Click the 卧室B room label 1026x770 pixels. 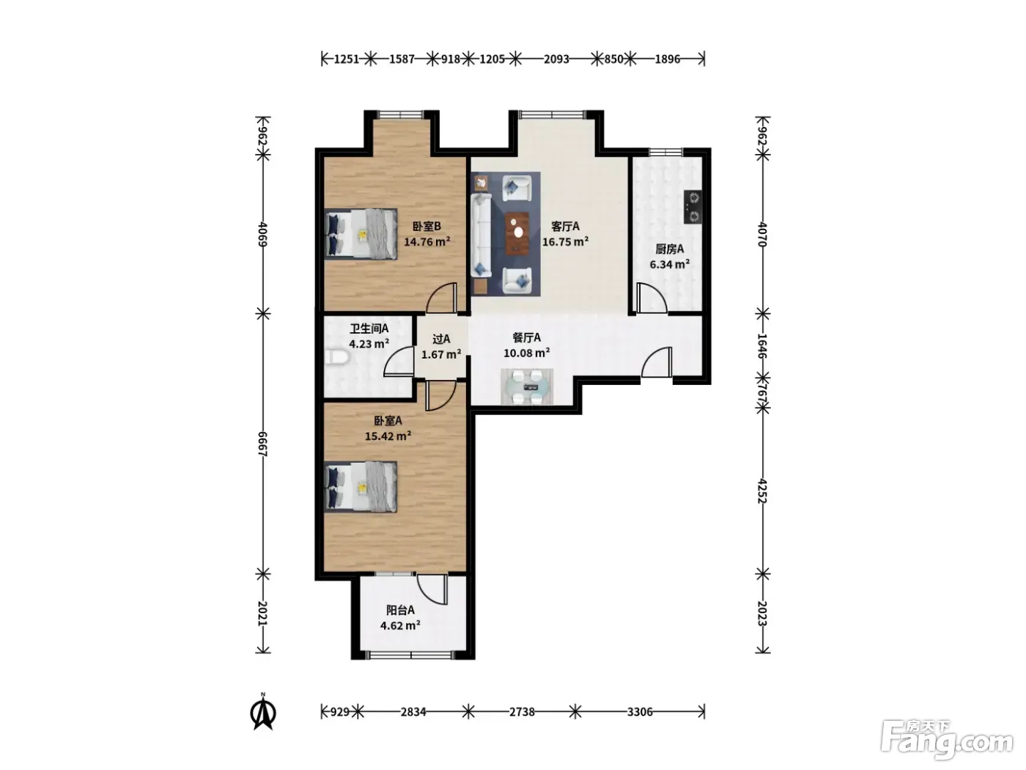click(427, 227)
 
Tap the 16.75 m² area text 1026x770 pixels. click(565, 242)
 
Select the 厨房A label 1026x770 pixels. click(669, 249)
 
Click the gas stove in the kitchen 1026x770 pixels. click(693, 206)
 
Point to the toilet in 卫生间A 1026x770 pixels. click(337, 356)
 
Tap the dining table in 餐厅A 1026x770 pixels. click(527, 386)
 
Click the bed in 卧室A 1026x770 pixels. click(361, 487)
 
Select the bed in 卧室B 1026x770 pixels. click(361, 234)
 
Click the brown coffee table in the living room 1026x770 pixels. click(517, 232)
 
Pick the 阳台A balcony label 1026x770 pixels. click(400, 610)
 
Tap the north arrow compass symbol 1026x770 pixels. click(263, 711)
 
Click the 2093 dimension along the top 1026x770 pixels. click(556, 59)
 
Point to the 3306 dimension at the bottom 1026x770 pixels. click(640, 712)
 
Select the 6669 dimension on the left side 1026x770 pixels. click(262, 444)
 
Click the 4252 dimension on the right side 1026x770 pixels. click(762, 491)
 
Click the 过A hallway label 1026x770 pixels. click(440, 339)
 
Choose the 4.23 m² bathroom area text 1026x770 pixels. click(369, 344)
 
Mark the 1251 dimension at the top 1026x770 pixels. click(347, 59)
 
